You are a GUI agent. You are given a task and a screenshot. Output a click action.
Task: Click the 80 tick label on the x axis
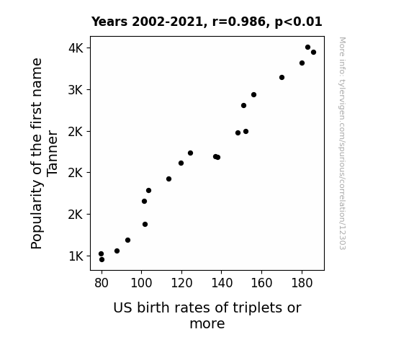coord(102,283)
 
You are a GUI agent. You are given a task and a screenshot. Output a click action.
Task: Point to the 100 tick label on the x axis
coord(141,283)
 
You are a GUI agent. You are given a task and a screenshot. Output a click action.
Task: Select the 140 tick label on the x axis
coord(222,283)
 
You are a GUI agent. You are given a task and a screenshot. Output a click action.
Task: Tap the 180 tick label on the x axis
coord(302,283)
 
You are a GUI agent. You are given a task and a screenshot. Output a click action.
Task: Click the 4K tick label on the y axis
coord(76,48)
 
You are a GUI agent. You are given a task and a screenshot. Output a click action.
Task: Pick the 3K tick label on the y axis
coord(76,90)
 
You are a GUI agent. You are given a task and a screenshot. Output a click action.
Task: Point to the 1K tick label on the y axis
coord(76,256)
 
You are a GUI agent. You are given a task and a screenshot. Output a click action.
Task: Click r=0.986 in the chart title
coord(239,22)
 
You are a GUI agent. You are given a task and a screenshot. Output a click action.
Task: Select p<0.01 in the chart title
coord(298,22)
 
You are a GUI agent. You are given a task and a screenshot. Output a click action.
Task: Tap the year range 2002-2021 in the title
coord(167,22)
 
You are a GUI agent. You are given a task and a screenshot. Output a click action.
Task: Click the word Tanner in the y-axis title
coord(52,153)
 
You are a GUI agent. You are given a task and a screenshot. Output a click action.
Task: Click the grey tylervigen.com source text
coord(343,143)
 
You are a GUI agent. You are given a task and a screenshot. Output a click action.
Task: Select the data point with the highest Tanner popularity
coord(307,48)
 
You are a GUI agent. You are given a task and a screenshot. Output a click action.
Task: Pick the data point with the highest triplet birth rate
coord(313,53)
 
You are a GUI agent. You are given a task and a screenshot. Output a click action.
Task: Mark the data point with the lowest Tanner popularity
coord(102,260)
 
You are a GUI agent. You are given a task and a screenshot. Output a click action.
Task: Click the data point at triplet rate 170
coord(282,77)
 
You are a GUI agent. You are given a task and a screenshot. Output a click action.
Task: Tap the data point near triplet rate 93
coord(127,240)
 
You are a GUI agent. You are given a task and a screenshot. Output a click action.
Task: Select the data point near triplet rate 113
coord(168,179)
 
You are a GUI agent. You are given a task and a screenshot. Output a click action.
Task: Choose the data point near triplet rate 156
coord(253,94)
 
